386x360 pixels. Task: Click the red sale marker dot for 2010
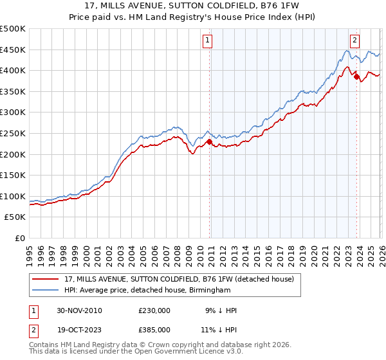pos(210,142)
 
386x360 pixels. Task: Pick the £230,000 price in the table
pos(154,310)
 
